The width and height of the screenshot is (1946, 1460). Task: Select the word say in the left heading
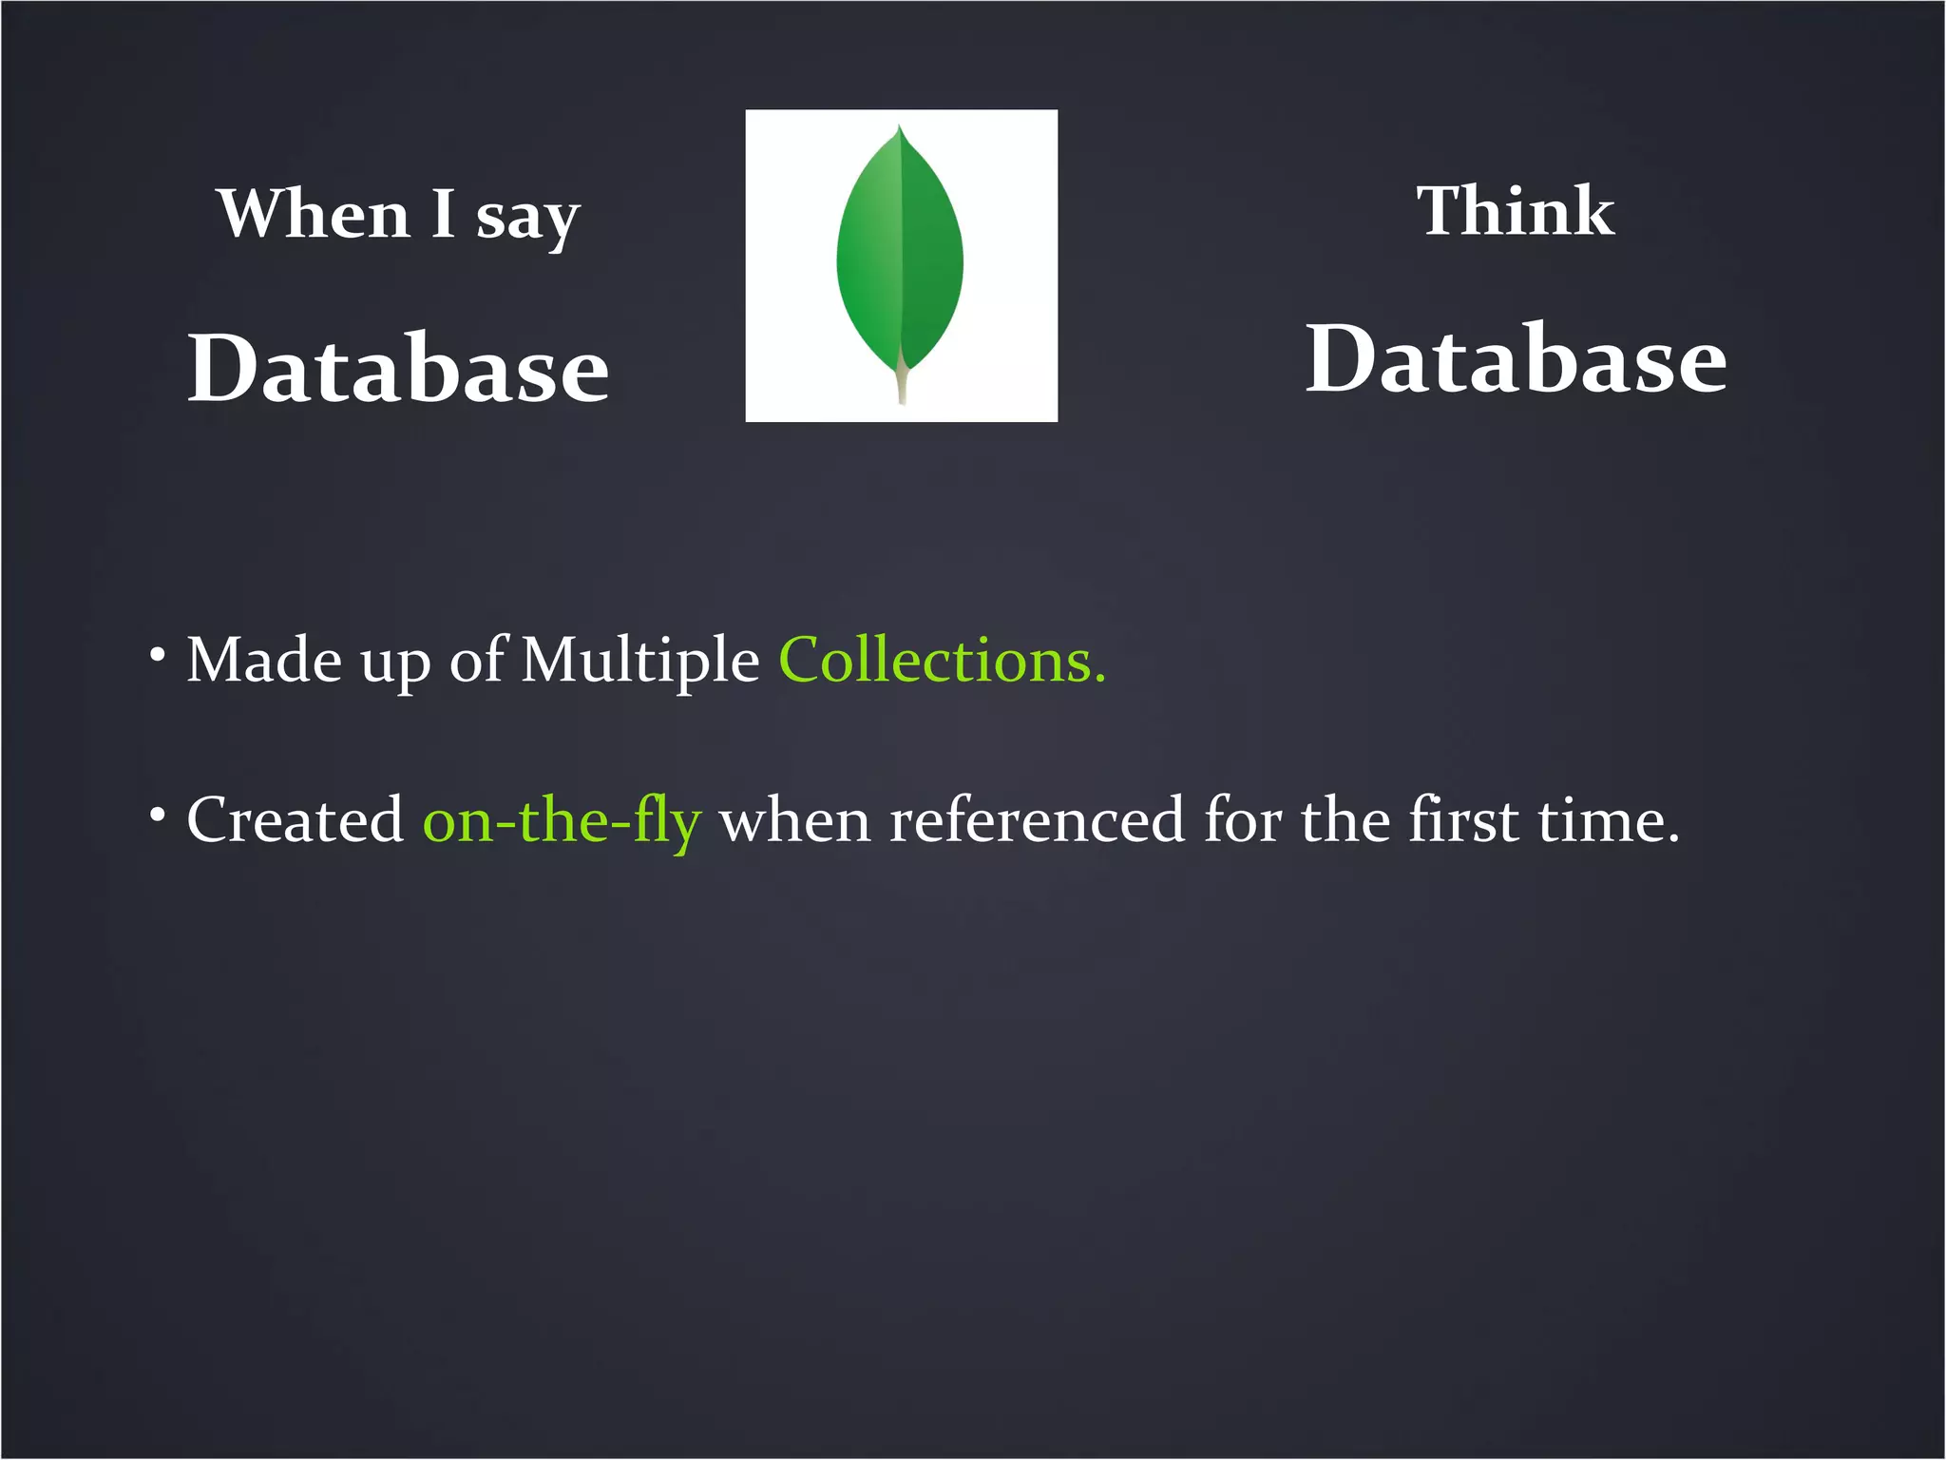click(527, 219)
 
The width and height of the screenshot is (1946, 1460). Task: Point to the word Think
click(1516, 210)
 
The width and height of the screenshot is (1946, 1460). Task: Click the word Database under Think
click(1516, 359)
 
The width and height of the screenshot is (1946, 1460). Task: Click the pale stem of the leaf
click(902, 385)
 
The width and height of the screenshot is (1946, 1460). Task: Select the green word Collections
click(942, 660)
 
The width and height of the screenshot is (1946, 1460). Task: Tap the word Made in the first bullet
click(264, 660)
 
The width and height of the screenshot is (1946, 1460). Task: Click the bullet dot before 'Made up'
click(158, 654)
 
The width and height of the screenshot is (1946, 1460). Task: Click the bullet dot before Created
click(158, 815)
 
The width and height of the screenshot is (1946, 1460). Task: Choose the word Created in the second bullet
click(296, 819)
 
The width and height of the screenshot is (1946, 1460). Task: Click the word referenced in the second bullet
click(1037, 819)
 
